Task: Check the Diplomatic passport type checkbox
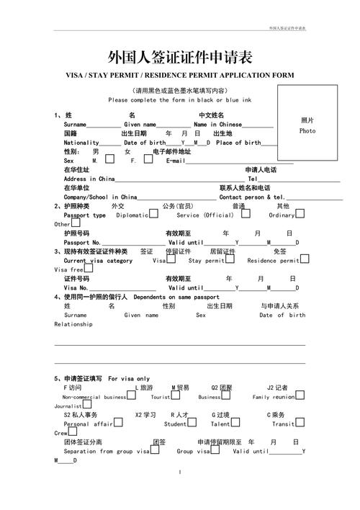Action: (153, 214)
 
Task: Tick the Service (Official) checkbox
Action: (240, 214)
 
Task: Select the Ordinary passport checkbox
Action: (299, 214)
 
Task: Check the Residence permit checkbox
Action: (304, 259)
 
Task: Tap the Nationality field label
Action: (81, 143)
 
